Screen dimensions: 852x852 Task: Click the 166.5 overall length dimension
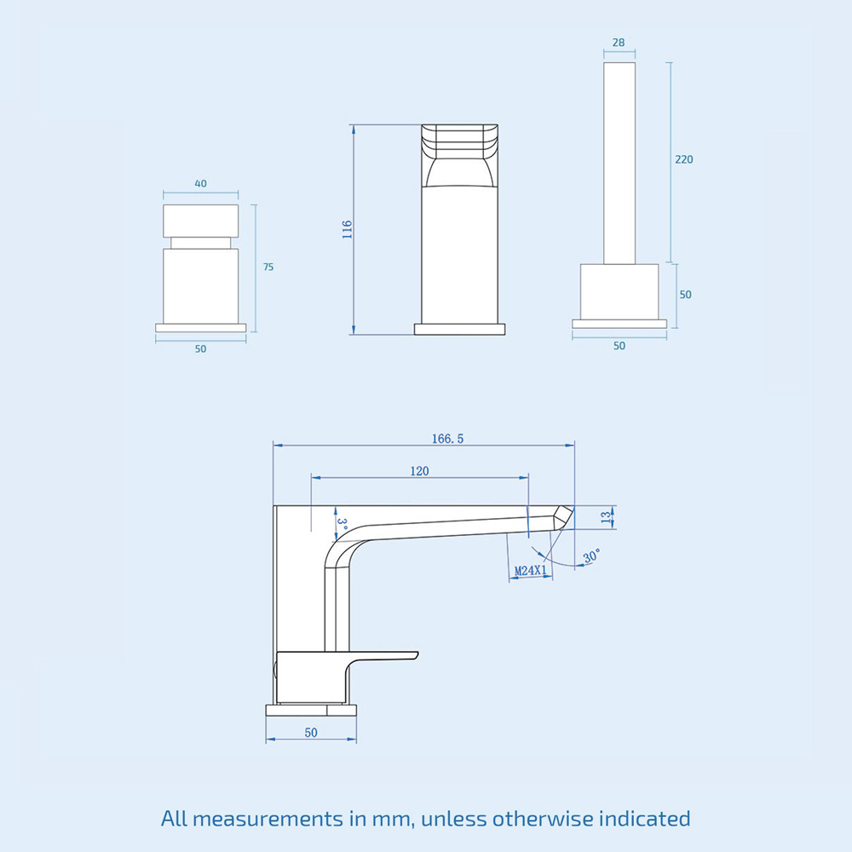447,439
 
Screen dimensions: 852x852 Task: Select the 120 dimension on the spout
419,471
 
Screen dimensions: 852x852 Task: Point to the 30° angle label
591,555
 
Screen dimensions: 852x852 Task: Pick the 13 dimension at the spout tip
605,515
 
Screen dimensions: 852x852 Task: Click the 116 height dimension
347,229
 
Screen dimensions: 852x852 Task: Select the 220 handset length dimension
684,159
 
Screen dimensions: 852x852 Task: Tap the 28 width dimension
619,43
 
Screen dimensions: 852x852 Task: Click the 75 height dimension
268,267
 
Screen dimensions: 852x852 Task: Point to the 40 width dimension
200,183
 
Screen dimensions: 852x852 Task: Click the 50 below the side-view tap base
310,733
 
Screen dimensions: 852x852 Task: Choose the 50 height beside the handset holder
686,295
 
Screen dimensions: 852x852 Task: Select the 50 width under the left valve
200,348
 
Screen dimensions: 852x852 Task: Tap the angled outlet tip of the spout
561,516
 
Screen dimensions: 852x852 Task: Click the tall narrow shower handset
619,162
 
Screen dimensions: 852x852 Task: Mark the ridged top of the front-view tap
459,141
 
